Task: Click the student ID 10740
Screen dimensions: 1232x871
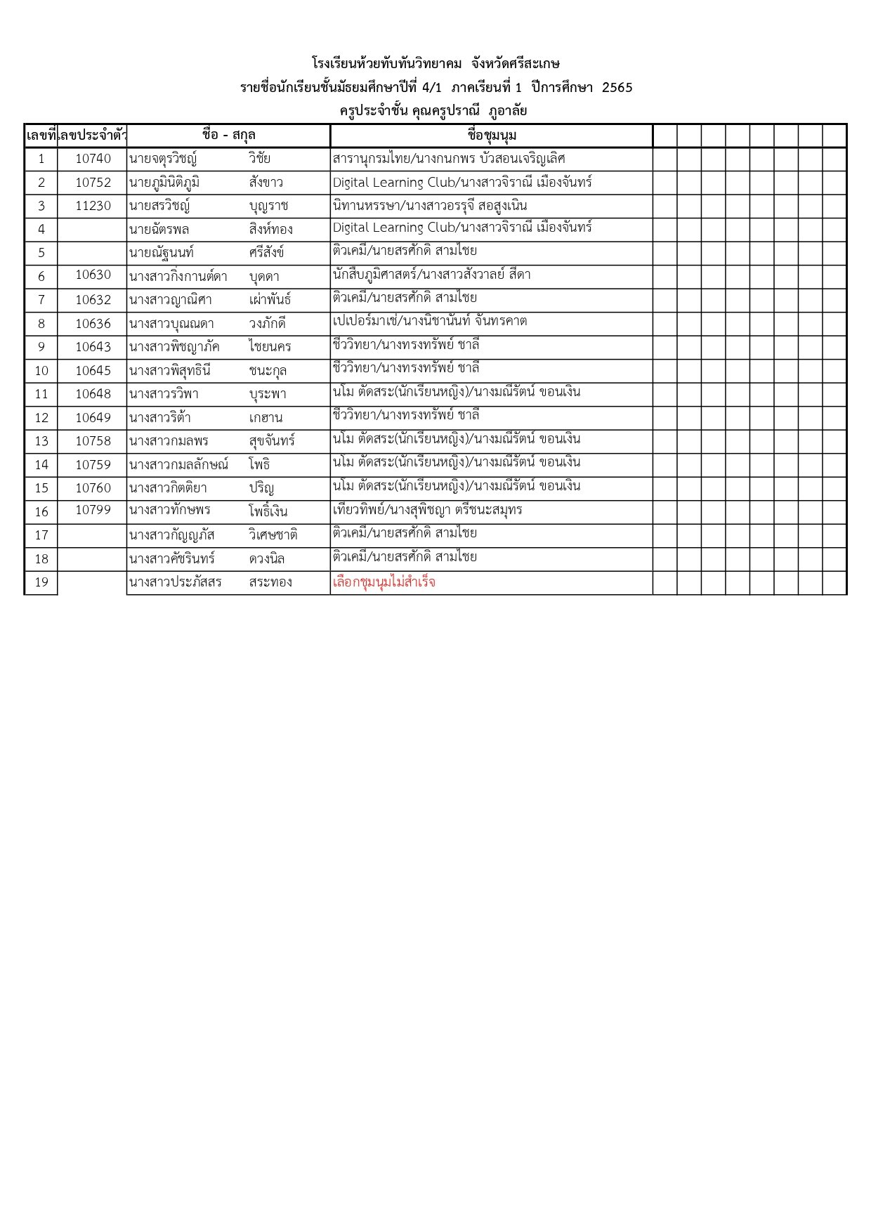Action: [93, 159]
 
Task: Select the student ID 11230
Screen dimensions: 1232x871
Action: [93, 206]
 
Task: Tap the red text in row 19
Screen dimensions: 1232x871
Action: [384, 582]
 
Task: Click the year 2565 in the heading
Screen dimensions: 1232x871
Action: [617, 88]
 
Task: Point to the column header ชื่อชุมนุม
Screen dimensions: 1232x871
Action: [491, 135]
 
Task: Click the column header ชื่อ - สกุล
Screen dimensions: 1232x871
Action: [228, 135]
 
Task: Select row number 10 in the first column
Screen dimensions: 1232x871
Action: [41, 371]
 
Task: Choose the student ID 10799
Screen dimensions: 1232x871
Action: [93, 510]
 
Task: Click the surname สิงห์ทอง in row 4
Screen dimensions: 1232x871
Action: [270, 229]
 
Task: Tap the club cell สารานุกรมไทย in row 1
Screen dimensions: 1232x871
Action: [449, 159]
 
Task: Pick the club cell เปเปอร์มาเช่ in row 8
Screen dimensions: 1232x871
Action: [429, 322]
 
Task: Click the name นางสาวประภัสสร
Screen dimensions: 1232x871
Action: [176, 582]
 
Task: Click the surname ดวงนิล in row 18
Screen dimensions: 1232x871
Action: [267, 559]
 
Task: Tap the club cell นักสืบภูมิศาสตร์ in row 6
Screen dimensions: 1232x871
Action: [431, 275]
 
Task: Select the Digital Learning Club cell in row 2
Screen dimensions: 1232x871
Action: [462, 183]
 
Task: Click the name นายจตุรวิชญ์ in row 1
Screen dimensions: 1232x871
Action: [163, 159]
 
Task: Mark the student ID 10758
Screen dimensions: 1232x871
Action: [93, 441]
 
